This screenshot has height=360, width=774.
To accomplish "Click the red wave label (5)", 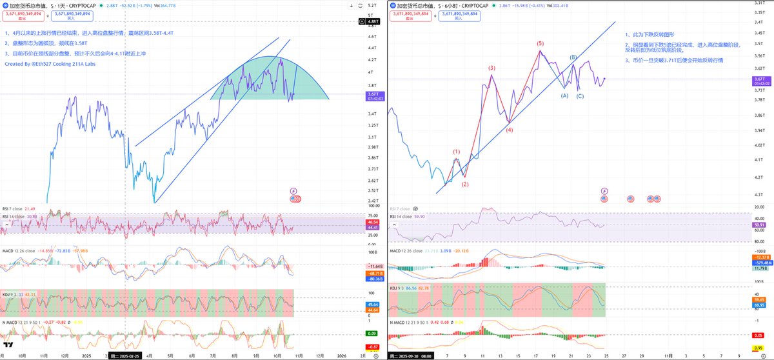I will pyautogui.click(x=541, y=43).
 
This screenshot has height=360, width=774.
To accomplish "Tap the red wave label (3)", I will pyautogui.click(x=491, y=67).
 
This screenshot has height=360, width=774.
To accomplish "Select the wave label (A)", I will pyautogui.click(x=564, y=95).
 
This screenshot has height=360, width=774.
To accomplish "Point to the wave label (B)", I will pyautogui.click(x=573, y=57).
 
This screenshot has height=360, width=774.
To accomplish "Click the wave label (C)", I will pyautogui.click(x=580, y=96).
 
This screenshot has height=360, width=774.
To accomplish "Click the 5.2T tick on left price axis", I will pyautogui.click(x=372, y=6).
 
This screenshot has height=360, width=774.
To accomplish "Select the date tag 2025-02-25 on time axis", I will pyautogui.click(x=123, y=355).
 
